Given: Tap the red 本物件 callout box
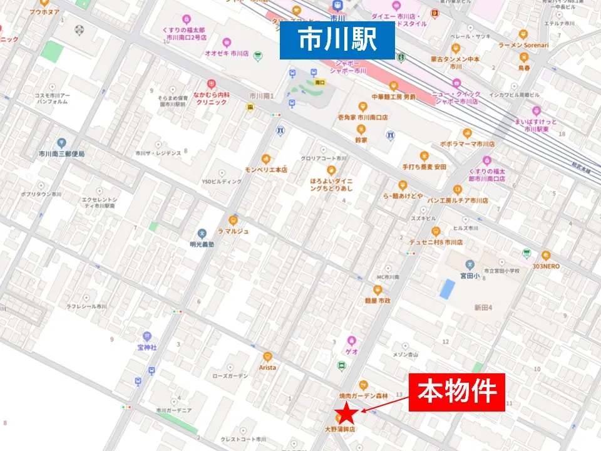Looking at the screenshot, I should coord(456,393).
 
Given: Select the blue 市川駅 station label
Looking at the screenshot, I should coord(337,40).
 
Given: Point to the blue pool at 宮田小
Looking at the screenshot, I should coord(447,289).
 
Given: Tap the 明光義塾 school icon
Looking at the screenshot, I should coord(202,234).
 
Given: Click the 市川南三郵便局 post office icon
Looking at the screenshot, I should coord(61,143).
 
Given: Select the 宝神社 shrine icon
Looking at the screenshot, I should coord(146,336).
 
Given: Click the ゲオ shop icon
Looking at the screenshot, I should coord(352,341).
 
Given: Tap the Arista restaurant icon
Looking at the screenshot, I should coord(267,356).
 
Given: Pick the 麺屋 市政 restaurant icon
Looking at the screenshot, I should coord(378,289).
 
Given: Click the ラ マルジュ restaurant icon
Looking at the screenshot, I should coord(234,220).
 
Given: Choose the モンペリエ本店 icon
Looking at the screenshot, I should coord(266,159).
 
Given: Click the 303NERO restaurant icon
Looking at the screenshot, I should coord(545,256).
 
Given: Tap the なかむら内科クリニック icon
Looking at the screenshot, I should coord(211,84).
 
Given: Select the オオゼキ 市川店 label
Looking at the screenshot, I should coord(227,54).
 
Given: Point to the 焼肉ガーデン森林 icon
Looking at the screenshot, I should coord(363,385).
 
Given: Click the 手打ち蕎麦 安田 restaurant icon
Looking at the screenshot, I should coord(424,157).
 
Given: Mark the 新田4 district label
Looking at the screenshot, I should coord(483,308).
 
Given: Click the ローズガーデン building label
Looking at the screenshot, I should coord(230,376).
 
